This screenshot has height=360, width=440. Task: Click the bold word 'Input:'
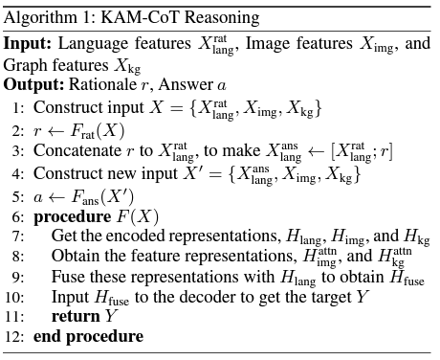pyautogui.click(x=26, y=44)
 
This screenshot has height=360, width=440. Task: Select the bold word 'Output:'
pyautogui.click(x=33, y=84)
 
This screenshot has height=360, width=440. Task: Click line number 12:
pyautogui.click(x=15, y=336)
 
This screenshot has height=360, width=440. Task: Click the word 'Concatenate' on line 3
pyautogui.click(x=75, y=151)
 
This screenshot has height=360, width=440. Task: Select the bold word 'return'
pyautogui.click(x=76, y=316)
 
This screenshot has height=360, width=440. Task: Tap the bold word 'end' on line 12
pyautogui.click(x=47, y=336)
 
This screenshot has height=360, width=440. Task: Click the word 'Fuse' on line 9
pyautogui.click(x=67, y=277)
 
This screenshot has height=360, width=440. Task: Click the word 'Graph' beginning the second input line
pyautogui.click(x=25, y=65)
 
